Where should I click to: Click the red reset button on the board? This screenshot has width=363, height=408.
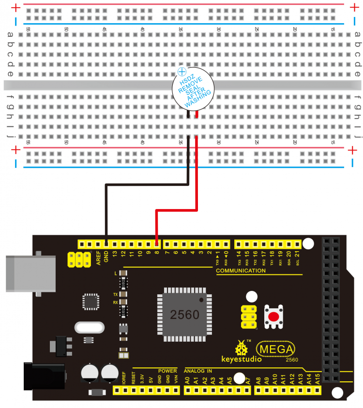point(273,317)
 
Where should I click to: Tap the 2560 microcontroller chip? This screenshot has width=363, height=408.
point(184,315)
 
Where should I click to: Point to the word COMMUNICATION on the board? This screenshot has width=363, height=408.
point(241,271)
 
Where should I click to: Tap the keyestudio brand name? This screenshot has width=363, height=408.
point(242,360)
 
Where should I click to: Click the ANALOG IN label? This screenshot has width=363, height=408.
point(197,371)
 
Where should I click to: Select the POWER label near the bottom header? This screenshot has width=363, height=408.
point(167,371)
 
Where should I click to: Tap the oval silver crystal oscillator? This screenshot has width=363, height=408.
point(90,328)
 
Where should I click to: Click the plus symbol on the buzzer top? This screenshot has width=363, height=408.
point(182,72)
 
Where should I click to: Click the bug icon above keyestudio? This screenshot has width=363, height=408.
point(241,348)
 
